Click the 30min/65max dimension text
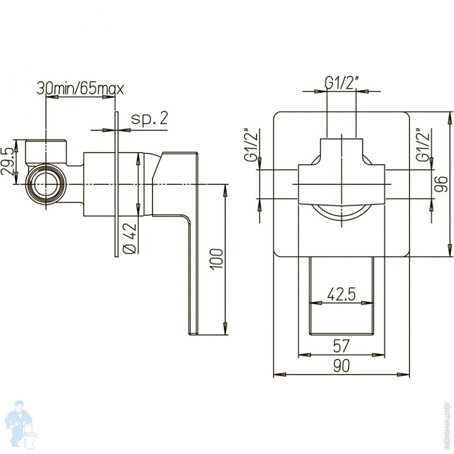point(80,88)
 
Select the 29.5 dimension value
point(7,162)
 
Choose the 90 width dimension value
point(342,366)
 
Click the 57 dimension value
point(341,346)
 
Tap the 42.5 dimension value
point(341,294)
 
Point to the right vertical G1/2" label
point(425,145)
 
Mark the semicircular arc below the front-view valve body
point(341,213)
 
